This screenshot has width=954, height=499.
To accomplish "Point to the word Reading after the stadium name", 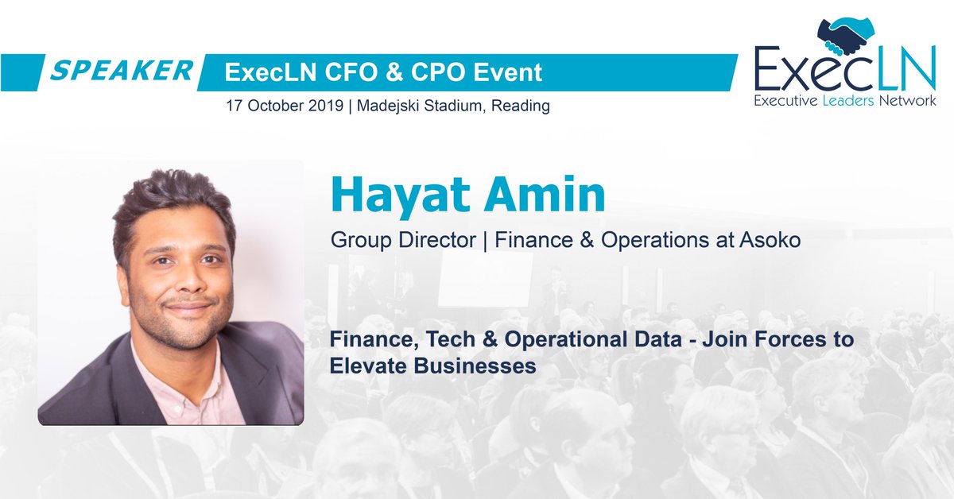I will click(522, 106).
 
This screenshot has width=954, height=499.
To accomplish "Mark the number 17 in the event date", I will click(234, 106).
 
